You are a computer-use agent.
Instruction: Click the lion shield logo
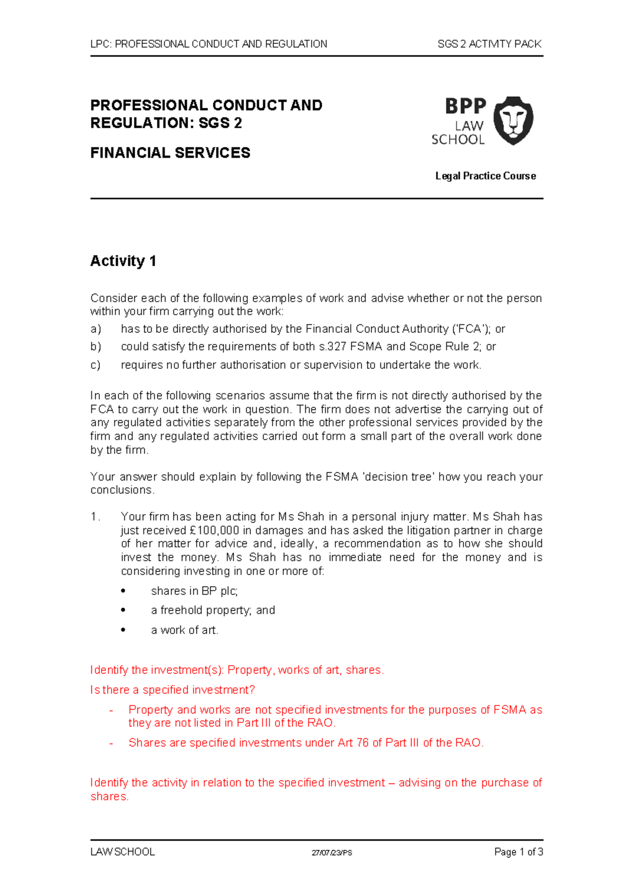click(513, 120)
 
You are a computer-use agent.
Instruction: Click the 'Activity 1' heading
click(123, 261)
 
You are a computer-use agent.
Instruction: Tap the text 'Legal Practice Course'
click(485, 176)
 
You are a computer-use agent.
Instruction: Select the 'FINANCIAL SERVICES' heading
click(170, 153)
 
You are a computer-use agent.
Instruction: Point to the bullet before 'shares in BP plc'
click(123, 591)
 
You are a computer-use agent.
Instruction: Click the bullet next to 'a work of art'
click(123, 630)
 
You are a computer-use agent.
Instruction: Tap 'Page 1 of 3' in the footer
click(518, 852)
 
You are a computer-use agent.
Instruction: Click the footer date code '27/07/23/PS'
click(332, 853)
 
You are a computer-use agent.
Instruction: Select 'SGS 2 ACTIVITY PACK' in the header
click(489, 44)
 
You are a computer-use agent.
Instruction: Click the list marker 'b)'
click(96, 347)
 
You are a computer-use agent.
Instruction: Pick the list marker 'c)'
click(96, 365)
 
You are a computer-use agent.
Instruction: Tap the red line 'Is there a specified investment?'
click(173, 690)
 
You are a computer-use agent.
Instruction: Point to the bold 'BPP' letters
click(465, 106)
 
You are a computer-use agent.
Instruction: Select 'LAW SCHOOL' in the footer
click(123, 852)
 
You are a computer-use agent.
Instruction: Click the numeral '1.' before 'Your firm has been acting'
click(95, 517)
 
